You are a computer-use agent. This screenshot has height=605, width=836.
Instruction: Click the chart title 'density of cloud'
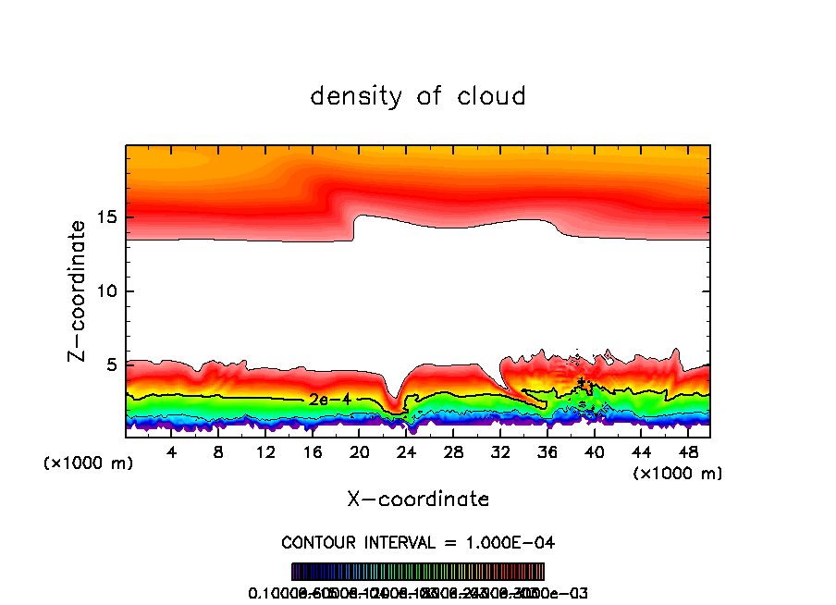(418, 96)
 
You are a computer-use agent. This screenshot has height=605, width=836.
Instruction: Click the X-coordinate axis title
(418, 500)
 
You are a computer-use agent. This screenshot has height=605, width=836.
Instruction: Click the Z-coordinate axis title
(78, 290)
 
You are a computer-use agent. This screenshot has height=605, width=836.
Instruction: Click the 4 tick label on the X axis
(172, 453)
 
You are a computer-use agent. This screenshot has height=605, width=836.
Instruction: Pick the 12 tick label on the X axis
(265, 453)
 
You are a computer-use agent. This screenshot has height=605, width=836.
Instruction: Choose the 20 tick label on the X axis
(359, 453)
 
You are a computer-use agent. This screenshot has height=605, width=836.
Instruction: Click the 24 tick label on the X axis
(406, 453)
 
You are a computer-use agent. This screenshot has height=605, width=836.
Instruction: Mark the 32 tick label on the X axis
(499, 453)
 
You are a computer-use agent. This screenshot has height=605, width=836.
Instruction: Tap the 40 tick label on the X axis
(593, 453)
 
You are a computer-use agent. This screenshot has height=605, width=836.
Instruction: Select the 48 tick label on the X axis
(686, 453)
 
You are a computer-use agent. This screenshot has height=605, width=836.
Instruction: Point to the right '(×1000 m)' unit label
(678, 474)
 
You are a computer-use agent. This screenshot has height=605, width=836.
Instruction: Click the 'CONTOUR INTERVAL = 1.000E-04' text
(418, 542)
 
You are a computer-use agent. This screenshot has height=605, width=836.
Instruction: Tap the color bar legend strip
(418, 572)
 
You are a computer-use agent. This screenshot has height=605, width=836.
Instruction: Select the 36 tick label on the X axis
(547, 453)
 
